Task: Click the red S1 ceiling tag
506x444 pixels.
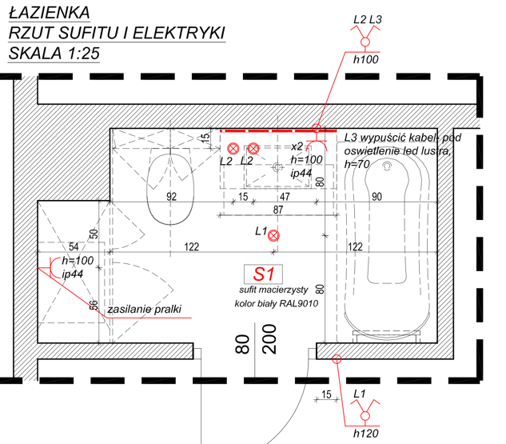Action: (x=264, y=273)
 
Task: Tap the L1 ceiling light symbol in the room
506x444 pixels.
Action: (x=273, y=235)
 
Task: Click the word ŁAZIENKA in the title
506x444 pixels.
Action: (x=48, y=12)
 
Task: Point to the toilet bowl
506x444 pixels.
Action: (x=169, y=190)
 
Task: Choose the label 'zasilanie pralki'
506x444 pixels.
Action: (x=145, y=308)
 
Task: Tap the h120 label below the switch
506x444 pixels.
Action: (x=365, y=433)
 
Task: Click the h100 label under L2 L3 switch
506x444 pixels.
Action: (x=365, y=59)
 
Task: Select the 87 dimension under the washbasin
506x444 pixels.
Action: (x=277, y=210)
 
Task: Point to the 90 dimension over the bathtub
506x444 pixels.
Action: (x=376, y=197)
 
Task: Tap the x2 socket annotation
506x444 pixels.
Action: (x=297, y=146)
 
